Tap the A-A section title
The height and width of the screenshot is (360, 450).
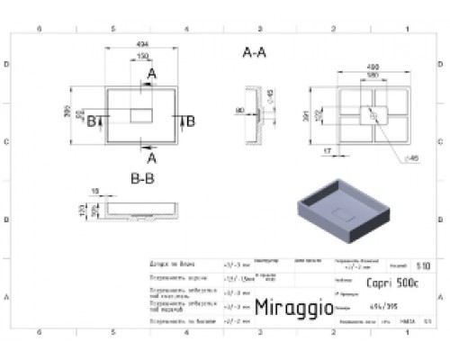(256, 53)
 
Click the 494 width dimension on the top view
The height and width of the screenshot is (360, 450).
(141, 46)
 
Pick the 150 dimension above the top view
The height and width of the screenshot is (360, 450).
(142, 57)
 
